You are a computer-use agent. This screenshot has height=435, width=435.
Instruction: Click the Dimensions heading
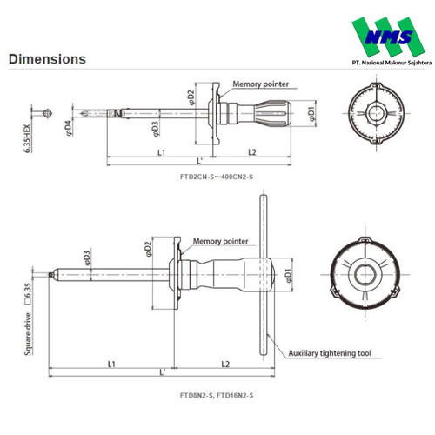coord(47,59)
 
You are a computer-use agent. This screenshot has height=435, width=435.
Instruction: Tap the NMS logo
coord(389,37)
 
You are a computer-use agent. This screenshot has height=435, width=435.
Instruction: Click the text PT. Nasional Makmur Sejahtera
coord(391,63)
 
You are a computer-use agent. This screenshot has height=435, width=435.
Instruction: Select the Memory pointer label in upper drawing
coord(260,84)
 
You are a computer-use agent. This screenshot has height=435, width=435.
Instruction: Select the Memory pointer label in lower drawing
coord(220,241)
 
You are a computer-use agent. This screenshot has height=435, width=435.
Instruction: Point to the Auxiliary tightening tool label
coord(330,353)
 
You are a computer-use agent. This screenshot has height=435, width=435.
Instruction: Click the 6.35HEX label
coord(27,138)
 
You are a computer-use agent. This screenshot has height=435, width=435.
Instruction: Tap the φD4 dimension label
coord(69,128)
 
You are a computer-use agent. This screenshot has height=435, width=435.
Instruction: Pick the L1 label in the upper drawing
coord(161,152)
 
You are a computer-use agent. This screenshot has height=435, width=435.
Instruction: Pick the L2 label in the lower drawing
coord(225,364)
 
